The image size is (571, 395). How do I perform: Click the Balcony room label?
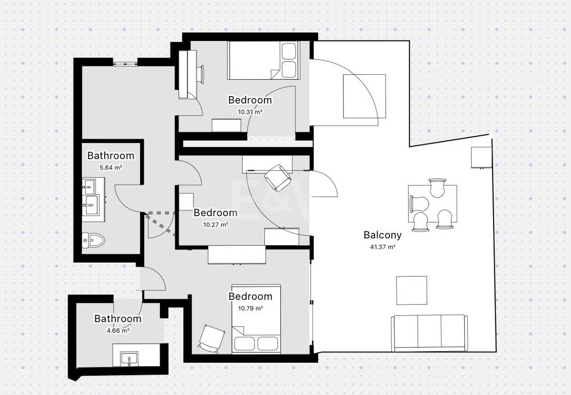pyautogui.click(x=382, y=235)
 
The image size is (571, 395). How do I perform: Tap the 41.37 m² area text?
pyautogui.click(x=382, y=247)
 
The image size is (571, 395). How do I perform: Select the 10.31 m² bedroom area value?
pyautogui.click(x=250, y=112)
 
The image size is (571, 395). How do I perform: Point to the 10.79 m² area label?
pyautogui.click(x=251, y=308)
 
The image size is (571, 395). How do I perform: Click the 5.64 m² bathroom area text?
pyautogui.click(x=111, y=168)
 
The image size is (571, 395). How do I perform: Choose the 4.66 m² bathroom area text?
pyautogui.click(x=118, y=331)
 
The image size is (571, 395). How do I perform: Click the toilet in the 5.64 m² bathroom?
pyautogui.click(x=93, y=240)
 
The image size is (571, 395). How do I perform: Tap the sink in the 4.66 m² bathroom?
pyautogui.click(x=129, y=359)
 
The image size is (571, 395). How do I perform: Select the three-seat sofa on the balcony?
pyautogui.click(x=429, y=334)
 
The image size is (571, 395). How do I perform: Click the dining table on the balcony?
pyautogui.click(x=433, y=204)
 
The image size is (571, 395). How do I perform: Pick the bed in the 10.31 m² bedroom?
pyautogui.click(x=263, y=60)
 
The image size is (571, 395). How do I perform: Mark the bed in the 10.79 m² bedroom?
pyautogui.click(x=256, y=319)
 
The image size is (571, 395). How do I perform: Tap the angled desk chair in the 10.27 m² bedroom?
pyautogui.click(x=277, y=177)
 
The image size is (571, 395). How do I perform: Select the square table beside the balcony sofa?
pyautogui.click(x=412, y=290)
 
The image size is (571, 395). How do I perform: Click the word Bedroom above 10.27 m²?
pyautogui.click(x=215, y=213)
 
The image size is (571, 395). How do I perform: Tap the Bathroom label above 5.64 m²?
pyautogui.click(x=111, y=156)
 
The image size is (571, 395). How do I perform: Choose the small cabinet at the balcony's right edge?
pyautogui.click(x=481, y=158)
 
